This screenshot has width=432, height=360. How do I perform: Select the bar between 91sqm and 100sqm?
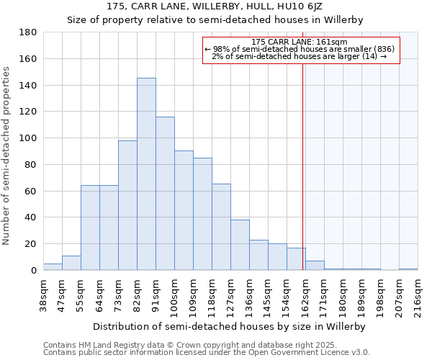coord(165,194)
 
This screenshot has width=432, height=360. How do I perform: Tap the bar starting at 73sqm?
coord(127,205)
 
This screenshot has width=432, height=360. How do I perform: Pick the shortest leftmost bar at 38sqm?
coord(53,267)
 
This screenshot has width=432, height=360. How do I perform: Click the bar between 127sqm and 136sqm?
coord(240,245)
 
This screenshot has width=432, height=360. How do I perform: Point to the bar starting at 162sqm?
coord(315,266)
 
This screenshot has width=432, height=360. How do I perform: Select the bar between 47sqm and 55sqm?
coord(71,263)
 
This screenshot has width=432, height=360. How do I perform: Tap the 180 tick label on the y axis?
coord(28,32)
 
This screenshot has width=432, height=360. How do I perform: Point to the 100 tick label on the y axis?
coord(28,138)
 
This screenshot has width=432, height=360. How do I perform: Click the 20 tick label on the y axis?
coord(31,244)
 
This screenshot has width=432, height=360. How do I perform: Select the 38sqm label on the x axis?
coord(44,295)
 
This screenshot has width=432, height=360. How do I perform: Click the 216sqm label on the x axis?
coord(418,295)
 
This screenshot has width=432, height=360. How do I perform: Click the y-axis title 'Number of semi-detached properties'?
coord(6,156)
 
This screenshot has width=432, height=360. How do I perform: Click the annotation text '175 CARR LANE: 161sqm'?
coord(300,42)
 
